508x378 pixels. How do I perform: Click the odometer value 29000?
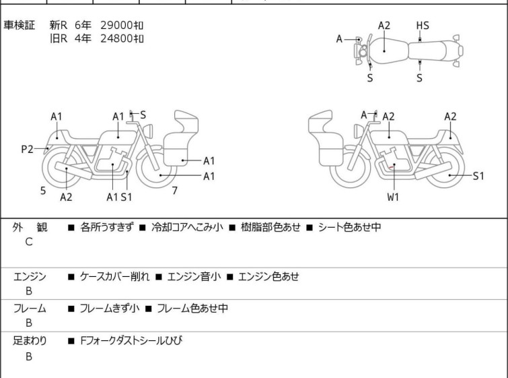[116, 26]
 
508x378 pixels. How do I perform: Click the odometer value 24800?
[116, 38]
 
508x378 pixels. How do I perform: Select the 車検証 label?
[19, 26]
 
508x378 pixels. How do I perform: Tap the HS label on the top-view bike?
[423, 26]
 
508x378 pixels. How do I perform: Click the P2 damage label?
[27, 150]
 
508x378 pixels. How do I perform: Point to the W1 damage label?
[393, 197]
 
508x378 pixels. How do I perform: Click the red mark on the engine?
[391, 167]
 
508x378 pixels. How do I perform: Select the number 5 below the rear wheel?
[43, 191]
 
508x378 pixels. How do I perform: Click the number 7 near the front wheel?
[175, 191]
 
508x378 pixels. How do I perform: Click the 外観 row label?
[30, 227]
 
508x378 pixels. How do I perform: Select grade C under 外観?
[29, 242]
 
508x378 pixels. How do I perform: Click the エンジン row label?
[30, 276]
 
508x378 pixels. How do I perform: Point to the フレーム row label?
[30, 308]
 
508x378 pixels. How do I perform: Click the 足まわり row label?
[30, 341]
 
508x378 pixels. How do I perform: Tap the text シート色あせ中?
[350, 227]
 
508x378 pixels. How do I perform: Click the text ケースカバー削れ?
[114, 276]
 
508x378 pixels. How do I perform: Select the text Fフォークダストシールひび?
[131, 341]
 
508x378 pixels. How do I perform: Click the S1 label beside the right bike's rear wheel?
[478, 176]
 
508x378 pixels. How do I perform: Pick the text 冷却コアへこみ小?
[187, 227]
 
